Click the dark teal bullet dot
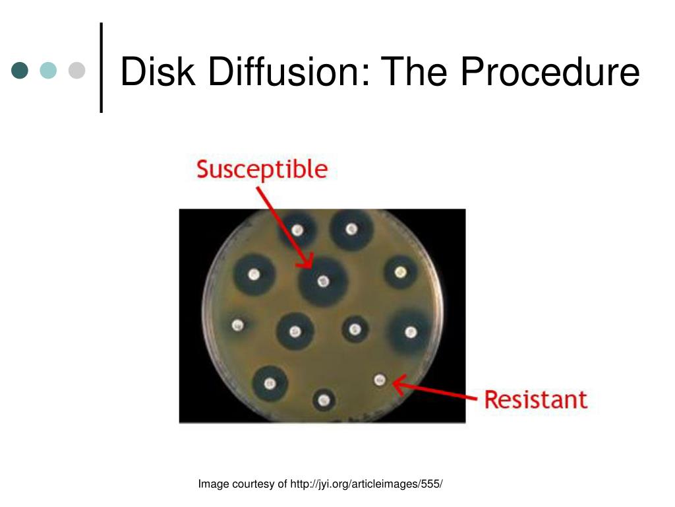20,70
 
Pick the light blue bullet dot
48,70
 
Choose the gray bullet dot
76,70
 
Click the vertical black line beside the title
102,67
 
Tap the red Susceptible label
262,170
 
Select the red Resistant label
535,399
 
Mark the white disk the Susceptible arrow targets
322,281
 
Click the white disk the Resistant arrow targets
380,379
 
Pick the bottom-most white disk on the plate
323,399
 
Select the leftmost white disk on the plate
238,325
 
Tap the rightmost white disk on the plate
410,331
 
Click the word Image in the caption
214,485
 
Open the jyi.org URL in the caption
366,485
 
